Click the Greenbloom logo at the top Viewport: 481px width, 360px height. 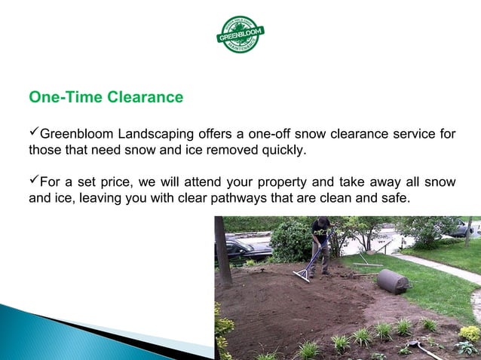(x=240, y=34)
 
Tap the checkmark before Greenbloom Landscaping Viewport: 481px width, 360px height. (x=33, y=133)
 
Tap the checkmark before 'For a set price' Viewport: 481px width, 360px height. (x=33, y=181)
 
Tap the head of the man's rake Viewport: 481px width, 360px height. (x=302, y=276)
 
